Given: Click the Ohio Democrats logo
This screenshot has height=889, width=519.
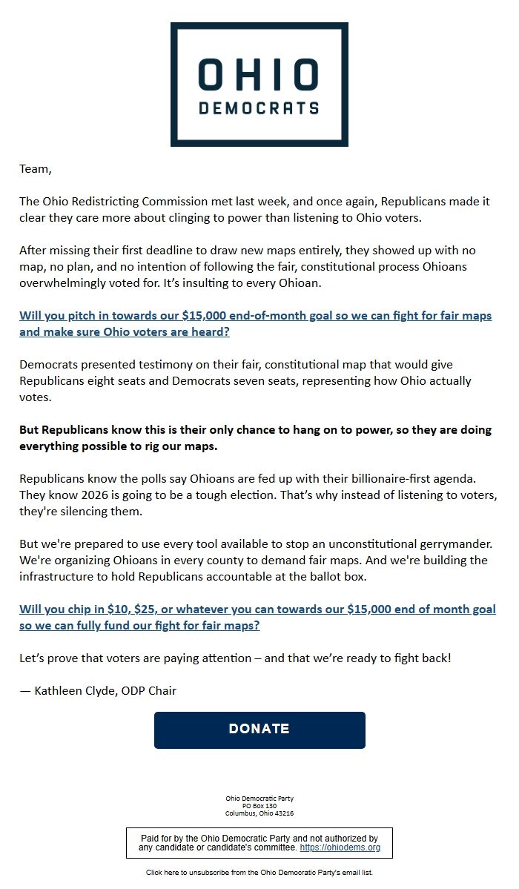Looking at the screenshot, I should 259,84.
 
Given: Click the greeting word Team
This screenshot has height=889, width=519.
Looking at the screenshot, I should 35,169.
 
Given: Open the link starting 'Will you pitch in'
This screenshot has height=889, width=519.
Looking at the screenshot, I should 255,323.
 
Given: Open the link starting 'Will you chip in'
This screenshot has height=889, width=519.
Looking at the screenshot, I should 257,617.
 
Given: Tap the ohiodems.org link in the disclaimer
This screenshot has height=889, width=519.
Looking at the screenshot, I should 340,847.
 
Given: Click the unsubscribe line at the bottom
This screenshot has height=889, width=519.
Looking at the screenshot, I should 259,873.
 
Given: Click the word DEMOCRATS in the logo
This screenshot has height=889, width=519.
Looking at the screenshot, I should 259,108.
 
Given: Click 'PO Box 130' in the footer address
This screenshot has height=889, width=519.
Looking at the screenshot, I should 259,806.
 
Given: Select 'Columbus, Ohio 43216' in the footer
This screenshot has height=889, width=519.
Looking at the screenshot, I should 259,813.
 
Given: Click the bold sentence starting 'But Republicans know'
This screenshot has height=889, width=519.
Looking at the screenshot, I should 255,438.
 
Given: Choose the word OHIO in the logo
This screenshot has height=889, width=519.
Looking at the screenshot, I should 259,76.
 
